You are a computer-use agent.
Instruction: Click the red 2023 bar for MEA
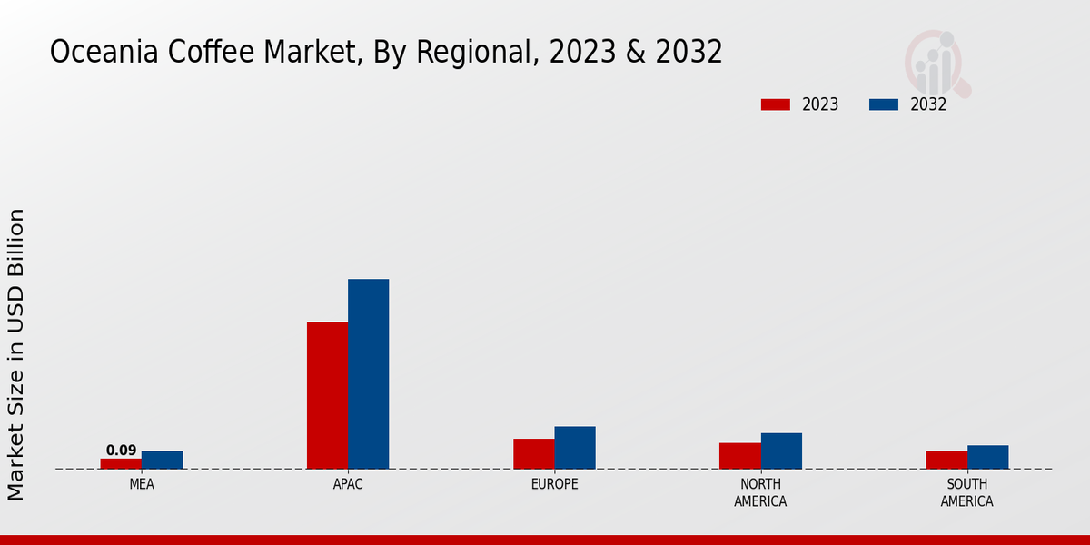click(x=121, y=463)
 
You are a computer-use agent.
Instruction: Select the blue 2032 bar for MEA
click(x=162, y=460)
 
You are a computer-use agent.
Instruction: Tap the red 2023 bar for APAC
click(x=327, y=395)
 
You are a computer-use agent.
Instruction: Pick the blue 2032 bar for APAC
click(x=368, y=373)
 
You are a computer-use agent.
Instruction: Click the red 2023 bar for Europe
click(x=533, y=453)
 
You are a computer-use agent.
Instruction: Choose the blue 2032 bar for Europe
click(x=575, y=448)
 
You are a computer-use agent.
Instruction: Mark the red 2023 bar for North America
click(x=739, y=455)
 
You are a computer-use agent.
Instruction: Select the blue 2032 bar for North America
click(x=781, y=451)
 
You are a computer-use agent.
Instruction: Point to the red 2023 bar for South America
click(x=946, y=460)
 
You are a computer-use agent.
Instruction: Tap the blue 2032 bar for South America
click(x=987, y=457)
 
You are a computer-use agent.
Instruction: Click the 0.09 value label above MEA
click(x=121, y=451)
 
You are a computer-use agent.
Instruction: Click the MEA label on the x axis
click(x=142, y=484)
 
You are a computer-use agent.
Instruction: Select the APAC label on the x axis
click(x=348, y=484)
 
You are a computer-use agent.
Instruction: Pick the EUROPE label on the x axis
click(x=554, y=484)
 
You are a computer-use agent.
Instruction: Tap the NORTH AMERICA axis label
click(x=760, y=492)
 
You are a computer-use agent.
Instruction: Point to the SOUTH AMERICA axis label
click(x=966, y=492)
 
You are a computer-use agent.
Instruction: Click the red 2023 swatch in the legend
click(x=775, y=104)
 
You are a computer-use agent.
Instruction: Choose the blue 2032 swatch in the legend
click(x=883, y=104)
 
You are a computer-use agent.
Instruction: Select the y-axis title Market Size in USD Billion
click(x=16, y=354)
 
